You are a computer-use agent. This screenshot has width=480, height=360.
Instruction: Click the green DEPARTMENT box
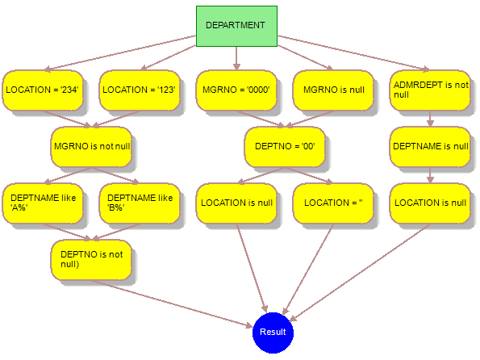(x=236, y=26)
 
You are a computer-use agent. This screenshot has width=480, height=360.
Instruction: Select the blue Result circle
(x=273, y=333)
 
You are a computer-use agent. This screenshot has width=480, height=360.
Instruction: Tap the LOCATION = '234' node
(x=43, y=90)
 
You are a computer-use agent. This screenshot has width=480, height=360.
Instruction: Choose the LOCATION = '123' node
(x=140, y=90)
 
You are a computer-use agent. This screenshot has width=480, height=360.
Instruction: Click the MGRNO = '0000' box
(x=236, y=90)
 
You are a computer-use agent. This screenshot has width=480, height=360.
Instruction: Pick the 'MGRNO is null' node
(x=333, y=90)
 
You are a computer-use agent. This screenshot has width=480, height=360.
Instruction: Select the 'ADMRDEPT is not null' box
(x=430, y=90)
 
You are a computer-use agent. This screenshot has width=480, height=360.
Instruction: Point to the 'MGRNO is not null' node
(x=91, y=147)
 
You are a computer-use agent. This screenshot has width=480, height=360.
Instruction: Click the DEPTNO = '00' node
(x=285, y=147)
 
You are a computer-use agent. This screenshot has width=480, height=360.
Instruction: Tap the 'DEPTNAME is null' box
(x=430, y=147)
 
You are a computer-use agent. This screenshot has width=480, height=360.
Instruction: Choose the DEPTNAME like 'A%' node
(x=43, y=203)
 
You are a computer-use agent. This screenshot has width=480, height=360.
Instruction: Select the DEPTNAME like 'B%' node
(x=140, y=203)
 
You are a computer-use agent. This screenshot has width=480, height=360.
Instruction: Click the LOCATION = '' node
(x=333, y=203)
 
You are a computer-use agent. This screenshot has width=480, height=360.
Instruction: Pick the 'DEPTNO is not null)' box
(x=91, y=260)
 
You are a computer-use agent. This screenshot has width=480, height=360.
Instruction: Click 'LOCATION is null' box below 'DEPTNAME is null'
(x=430, y=203)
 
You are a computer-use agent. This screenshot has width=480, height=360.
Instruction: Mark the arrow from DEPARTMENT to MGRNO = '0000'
(x=236, y=58)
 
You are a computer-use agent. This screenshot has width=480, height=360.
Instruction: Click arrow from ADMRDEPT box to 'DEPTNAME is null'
(x=430, y=119)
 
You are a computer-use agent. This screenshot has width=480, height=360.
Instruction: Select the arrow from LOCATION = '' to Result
(x=308, y=270)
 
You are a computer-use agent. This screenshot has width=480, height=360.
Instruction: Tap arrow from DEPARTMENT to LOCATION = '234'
(x=121, y=53)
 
